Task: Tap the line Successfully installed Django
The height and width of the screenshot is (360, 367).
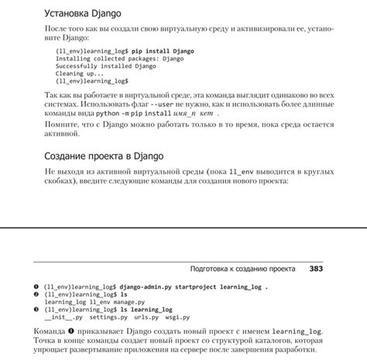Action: tap(106, 66)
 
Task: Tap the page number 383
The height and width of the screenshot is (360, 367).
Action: tap(316, 269)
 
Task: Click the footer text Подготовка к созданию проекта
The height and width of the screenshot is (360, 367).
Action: tap(242, 269)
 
